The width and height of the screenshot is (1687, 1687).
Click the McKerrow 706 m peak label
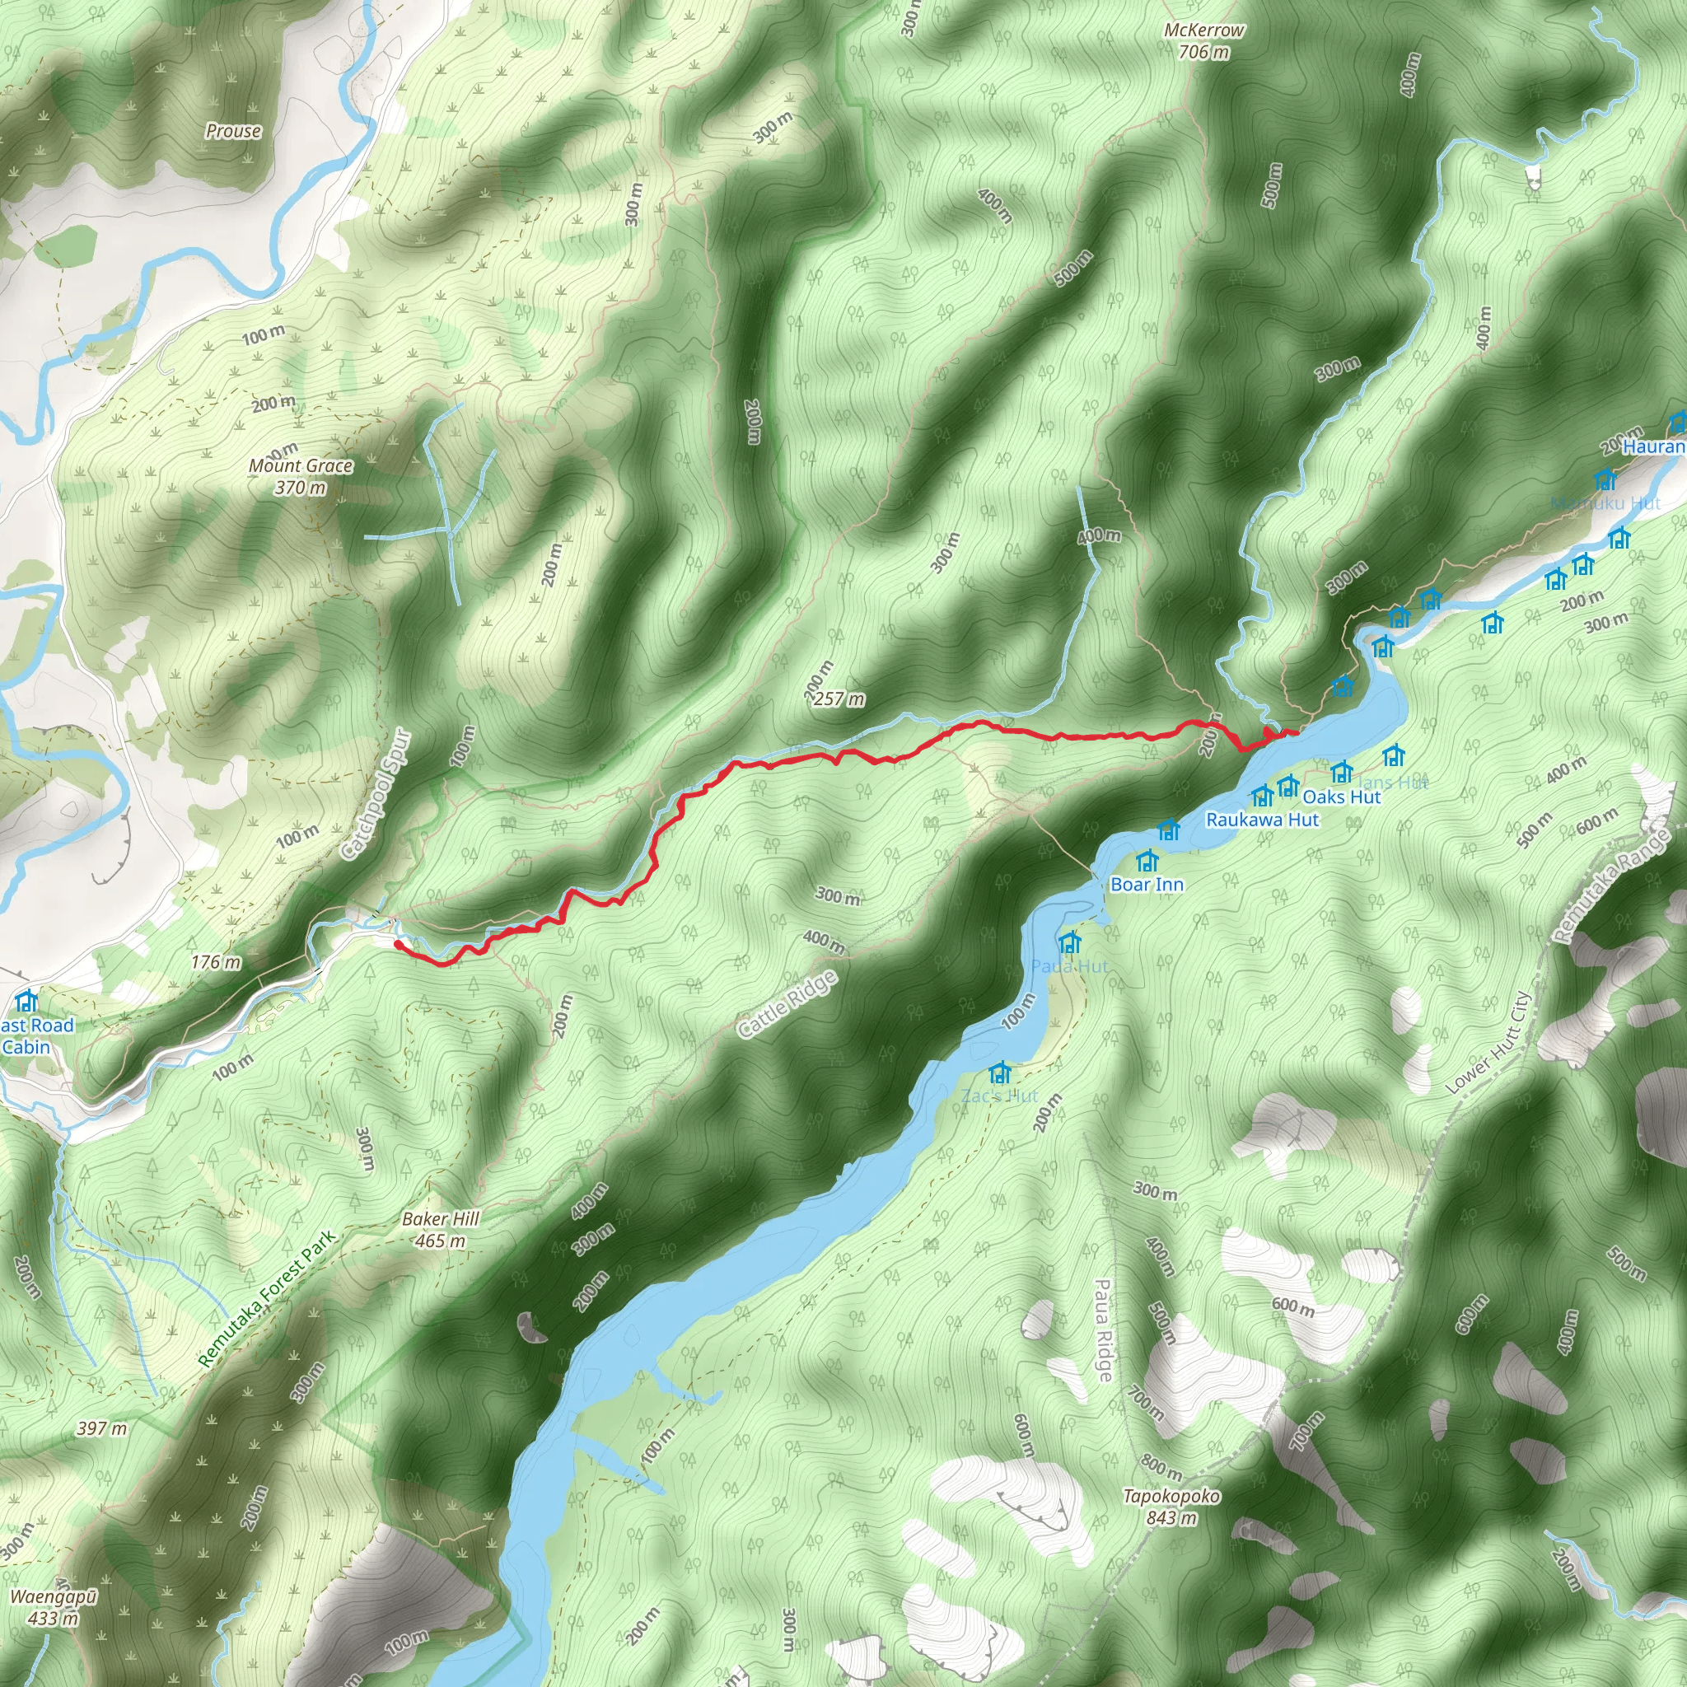point(1204,41)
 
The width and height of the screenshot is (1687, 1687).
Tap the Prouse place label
point(233,131)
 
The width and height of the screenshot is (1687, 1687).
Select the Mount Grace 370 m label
point(301,477)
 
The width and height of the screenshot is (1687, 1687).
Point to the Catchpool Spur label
point(375,794)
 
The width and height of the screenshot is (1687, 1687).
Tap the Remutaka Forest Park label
point(267,1299)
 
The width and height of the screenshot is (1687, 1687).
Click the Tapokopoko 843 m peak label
point(1171,1507)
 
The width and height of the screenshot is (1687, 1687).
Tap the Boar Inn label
point(1147,885)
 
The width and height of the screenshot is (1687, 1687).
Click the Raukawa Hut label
point(1262,820)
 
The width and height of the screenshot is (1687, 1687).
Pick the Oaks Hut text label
point(1341,797)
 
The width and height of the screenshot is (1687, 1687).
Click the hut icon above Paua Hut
point(1070,943)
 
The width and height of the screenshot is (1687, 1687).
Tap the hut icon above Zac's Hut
point(1000,1072)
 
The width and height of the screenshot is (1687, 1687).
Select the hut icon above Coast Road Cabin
point(27,1000)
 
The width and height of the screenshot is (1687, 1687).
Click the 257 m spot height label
point(839,699)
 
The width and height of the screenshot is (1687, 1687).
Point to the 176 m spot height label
point(216,962)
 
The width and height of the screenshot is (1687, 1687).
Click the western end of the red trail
point(398,944)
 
